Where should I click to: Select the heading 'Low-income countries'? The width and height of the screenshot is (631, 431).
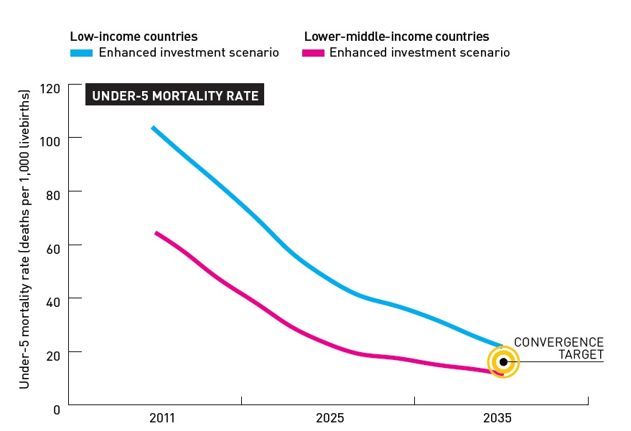click(134, 37)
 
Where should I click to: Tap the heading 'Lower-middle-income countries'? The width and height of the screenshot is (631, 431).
click(396, 37)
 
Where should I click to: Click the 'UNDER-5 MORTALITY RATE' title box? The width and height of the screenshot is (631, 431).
click(175, 95)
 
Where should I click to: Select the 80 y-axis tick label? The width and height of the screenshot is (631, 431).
click(52, 192)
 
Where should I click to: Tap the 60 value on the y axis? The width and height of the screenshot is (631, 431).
click(52, 245)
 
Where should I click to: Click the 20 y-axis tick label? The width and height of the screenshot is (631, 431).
click(52, 353)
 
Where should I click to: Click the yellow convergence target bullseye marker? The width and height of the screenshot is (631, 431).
click(503, 362)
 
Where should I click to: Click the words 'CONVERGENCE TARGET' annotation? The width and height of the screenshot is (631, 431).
click(558, 349)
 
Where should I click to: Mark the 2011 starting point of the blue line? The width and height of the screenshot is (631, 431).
click(153, 128)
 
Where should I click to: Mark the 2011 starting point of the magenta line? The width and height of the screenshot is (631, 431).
click(156, 232)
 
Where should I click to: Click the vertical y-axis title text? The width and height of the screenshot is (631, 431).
click(24, 240)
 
